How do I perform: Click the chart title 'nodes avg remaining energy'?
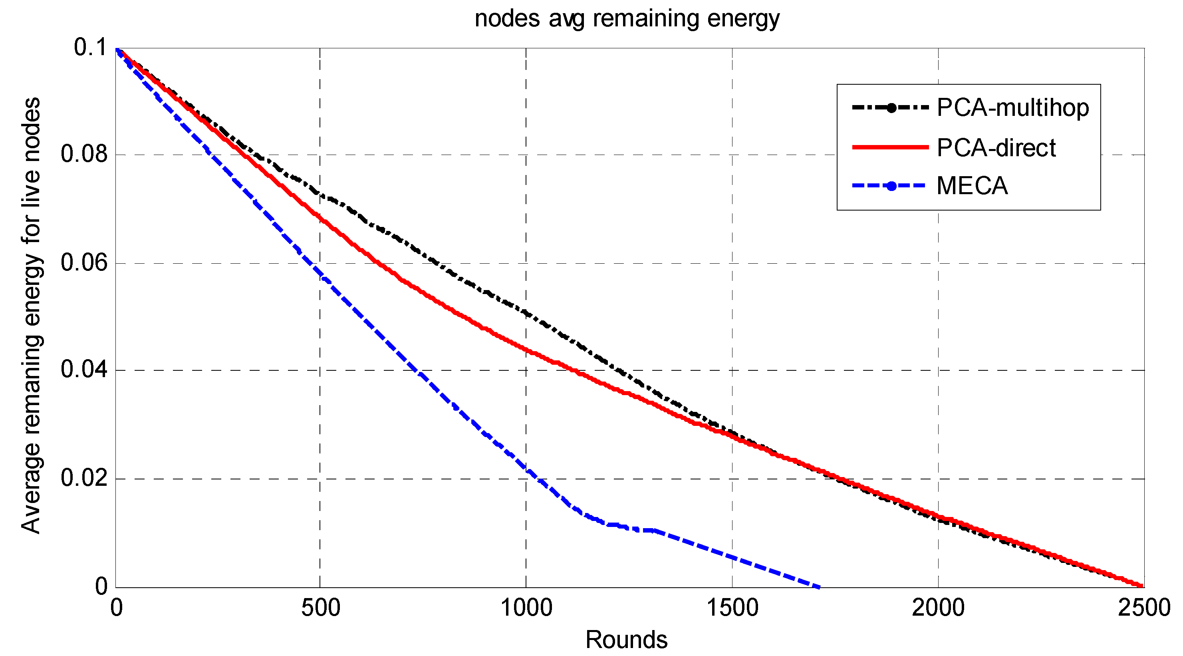(x=627, y=19)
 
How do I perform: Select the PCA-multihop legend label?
(x=1012, y=108)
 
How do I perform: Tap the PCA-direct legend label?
(x=996, y=148)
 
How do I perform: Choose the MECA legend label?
(x=972, y=186)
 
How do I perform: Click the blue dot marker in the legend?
(x=891, y=186)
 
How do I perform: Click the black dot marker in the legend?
(x=891, y=108)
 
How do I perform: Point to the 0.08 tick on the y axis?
(x=84, y=154)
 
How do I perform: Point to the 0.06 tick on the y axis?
(x=84, y=263)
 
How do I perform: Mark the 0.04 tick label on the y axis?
(x=84, y=370)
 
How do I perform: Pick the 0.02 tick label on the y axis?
(x=84, y=478)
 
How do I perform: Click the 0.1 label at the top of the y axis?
(x=91, y=47)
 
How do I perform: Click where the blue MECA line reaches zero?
(x=820, y=587)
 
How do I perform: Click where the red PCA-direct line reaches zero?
(x=1142, y=586)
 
